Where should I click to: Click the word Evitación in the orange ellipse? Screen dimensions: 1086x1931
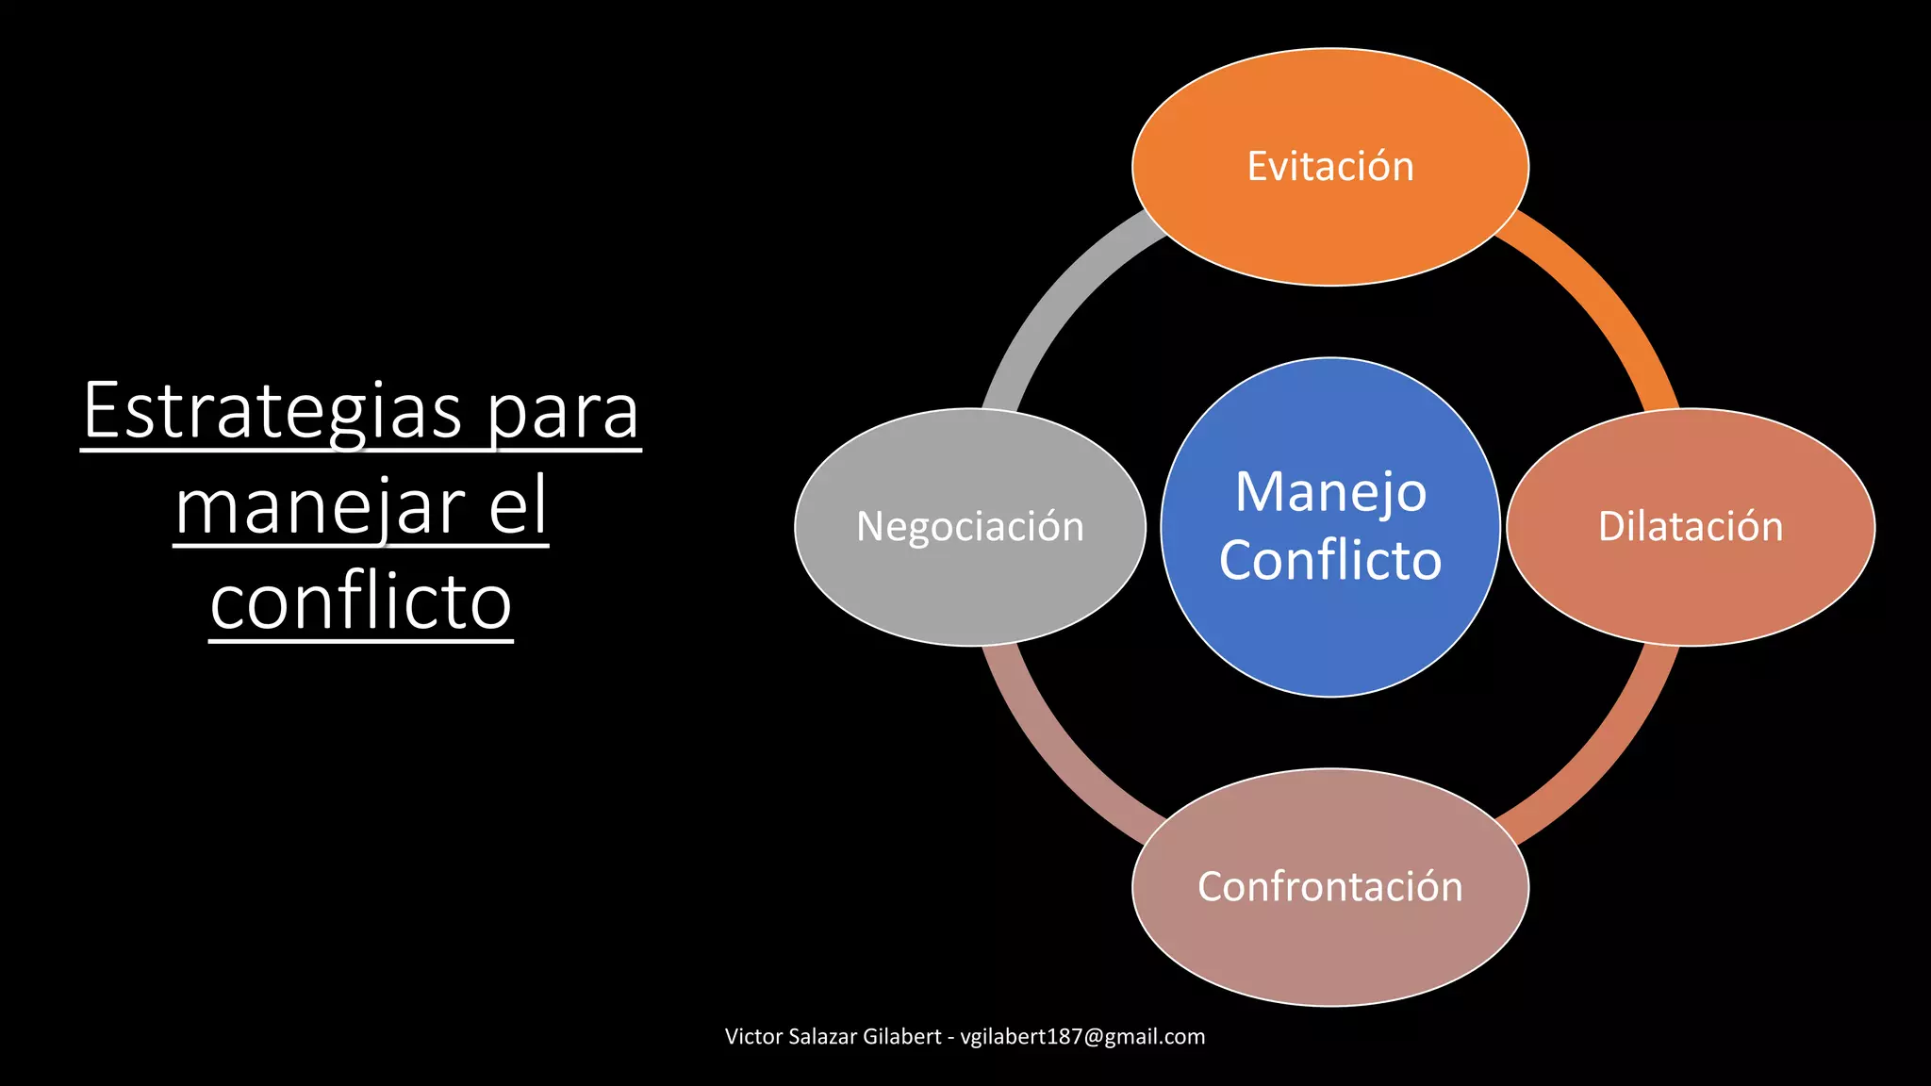tap(1329, 167)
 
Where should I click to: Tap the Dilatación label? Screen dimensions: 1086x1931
tap(1690, 527)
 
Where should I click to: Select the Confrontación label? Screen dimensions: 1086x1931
tap(1329, 887)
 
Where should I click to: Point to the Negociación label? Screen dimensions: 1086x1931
tap(969, 527)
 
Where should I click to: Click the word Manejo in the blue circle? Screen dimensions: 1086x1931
tap(1330, 492)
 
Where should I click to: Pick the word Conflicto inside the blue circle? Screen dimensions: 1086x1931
tap(1329, 561)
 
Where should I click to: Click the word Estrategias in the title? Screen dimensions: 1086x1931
tap(272, 411)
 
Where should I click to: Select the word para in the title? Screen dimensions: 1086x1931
tap(563, 413)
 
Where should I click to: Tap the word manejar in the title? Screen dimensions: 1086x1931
tap(321, 507)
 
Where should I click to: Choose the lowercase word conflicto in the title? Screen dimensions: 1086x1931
tap(360, 602)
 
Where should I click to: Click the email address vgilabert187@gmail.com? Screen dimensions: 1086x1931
tap(1081, 1037)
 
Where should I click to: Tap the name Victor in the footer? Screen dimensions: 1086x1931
tap(753, 1037)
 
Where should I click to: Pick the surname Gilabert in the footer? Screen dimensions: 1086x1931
tap(901, 1037)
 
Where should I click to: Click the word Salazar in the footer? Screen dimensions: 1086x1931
tap(822, 1037)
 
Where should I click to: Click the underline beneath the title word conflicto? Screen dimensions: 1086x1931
tap(360, 641)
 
